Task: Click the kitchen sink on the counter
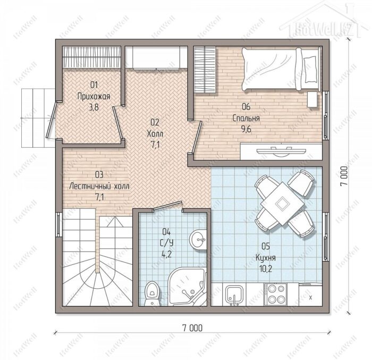click(x=234, y=295)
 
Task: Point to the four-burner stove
click(x=275, y=294)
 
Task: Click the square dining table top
click(x=282, y=203)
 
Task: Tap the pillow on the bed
click(x=310, y=69)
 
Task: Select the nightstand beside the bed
click(x=312, y=99)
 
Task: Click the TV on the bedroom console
click(x=281, y=151)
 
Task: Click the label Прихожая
click(x=94, y=96)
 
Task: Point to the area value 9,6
click(x=246, y=129)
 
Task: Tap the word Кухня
click(x=266, y=258)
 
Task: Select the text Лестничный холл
click(x=99, y=186)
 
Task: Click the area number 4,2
click(x=166, y=254)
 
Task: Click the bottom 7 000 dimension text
click(x=192, y=328)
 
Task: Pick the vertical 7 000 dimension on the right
click(x=344, y=176)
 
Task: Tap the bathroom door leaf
click(x=167, y=206)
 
